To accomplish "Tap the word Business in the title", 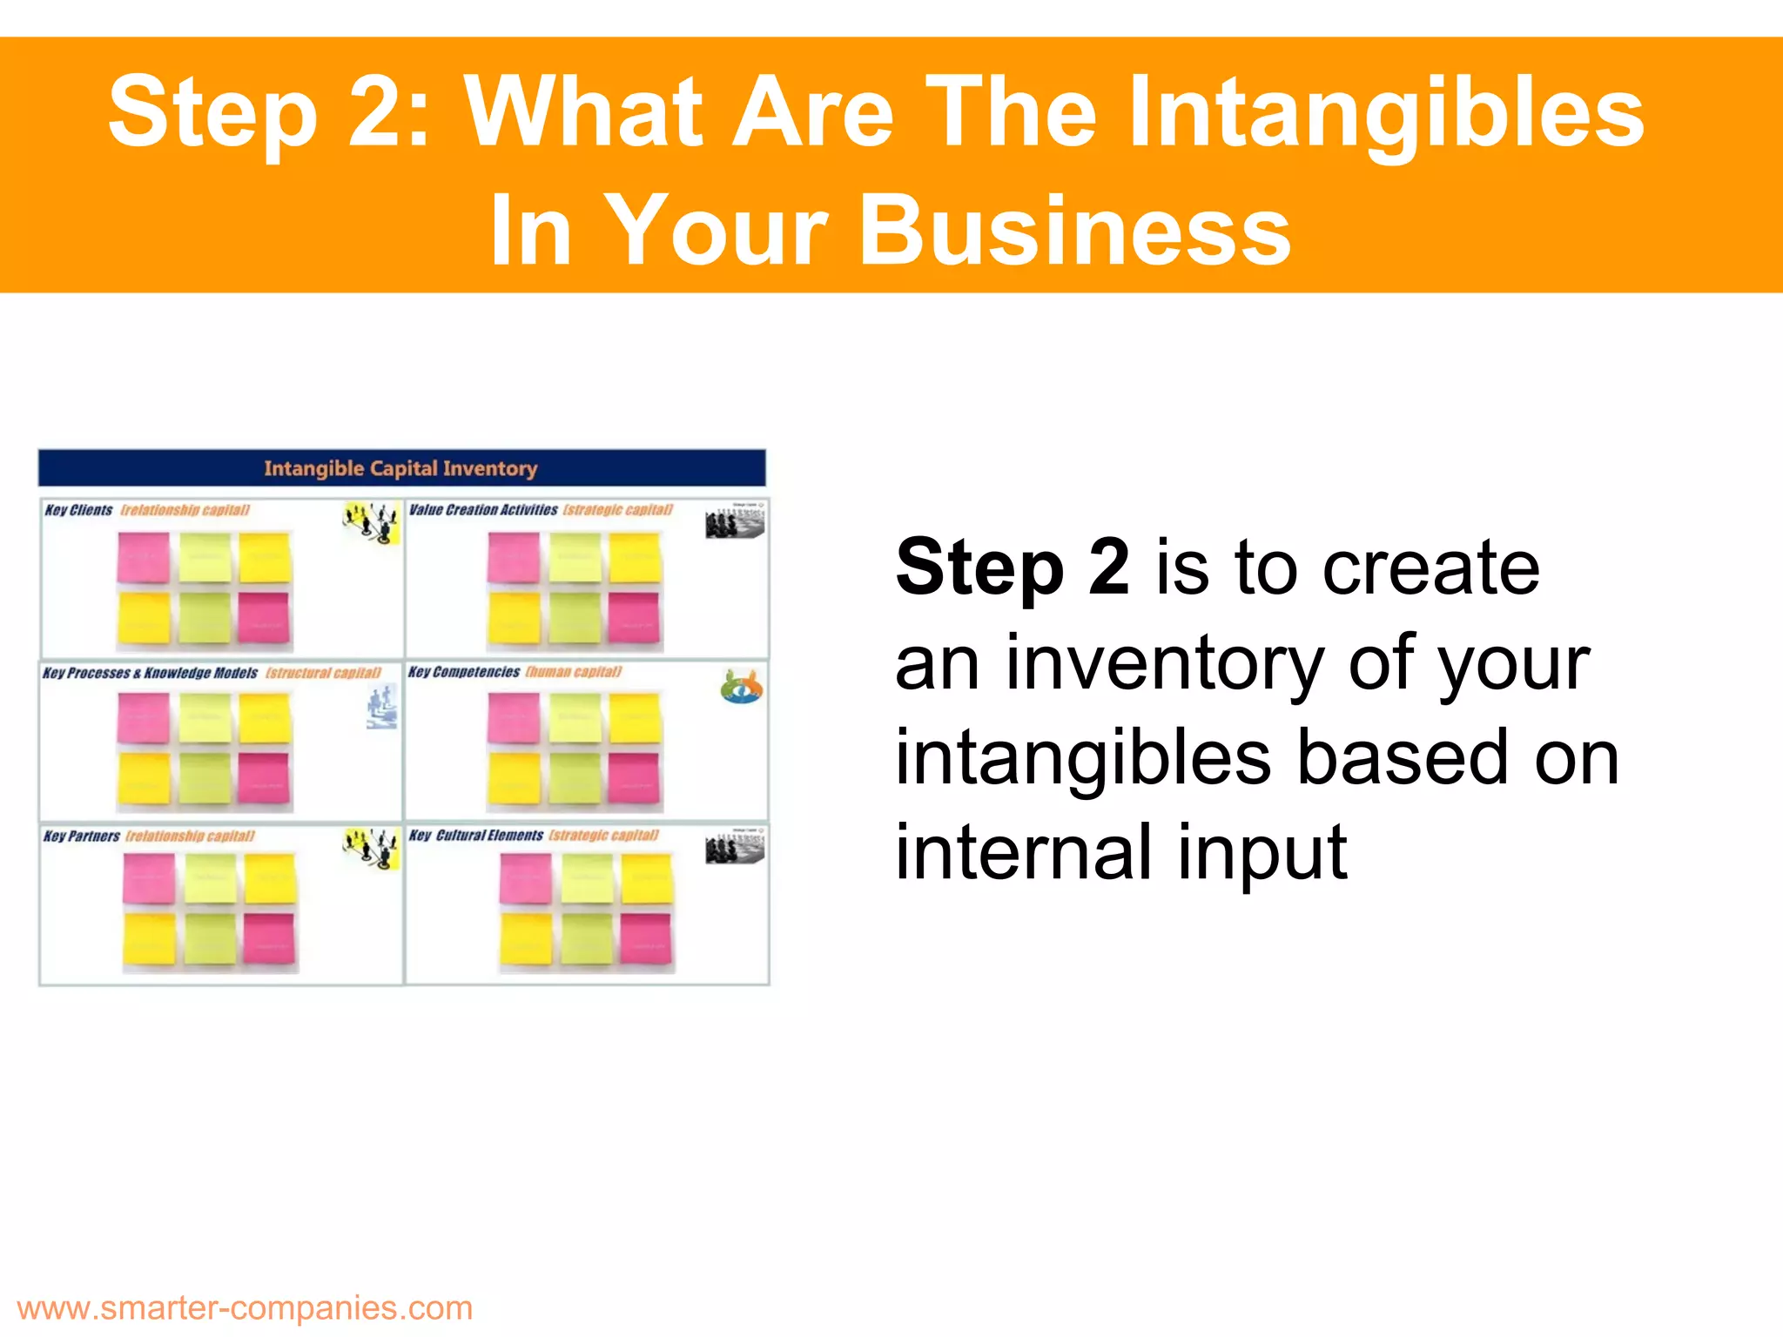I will (1075, 231).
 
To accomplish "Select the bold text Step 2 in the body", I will (1013, 568).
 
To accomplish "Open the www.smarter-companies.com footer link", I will (245, 1307).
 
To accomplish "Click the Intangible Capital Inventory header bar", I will (401, 468).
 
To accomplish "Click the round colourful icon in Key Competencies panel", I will (741, 687).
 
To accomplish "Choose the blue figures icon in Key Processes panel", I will (381, 706).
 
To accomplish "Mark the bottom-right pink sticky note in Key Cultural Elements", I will (646, 939).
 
